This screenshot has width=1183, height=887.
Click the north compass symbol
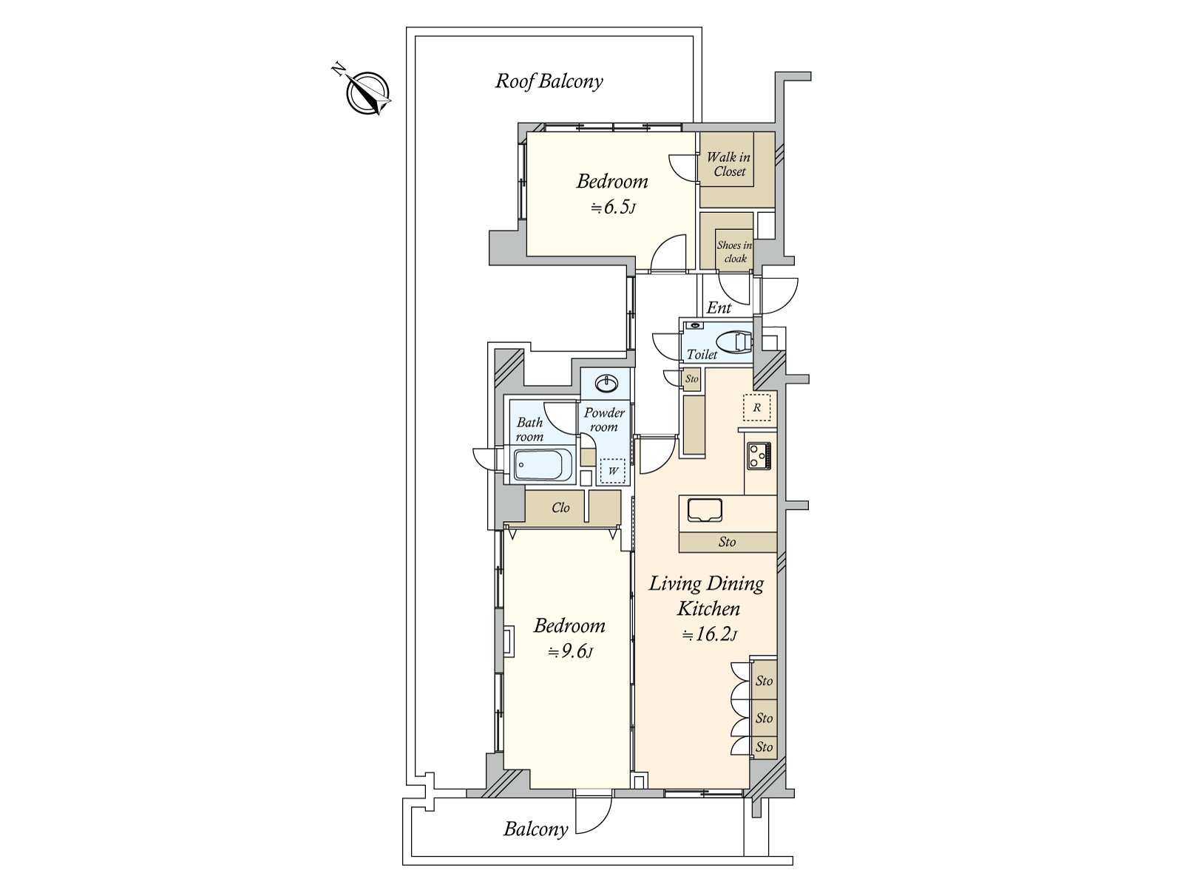pyautogui.click(x=367, y=92)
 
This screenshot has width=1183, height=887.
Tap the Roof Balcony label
pyautogui.click(x=549, y=81)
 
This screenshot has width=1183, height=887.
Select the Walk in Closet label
pyautogui.click(x=729, y=164)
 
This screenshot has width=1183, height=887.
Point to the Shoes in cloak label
pyautogui.click(x=734, y=251)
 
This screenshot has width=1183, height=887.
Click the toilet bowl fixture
pyautogui.click(x=734, y=342)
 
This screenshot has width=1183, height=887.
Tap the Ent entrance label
pyautogui.click(x=719, y=307)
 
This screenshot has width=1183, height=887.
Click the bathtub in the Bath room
pyautogui.click(x=543, y=464)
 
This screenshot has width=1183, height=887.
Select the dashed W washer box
pyautogui.click(x=613, y=471)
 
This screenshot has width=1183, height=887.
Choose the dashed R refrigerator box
pyautogui.click(x=756, y=407)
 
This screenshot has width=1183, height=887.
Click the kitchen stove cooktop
pyautogui.click(x=759, y=455)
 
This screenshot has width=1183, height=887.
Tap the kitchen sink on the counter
pyautogui.click(x=705, y=509)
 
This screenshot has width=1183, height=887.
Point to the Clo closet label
pyautogui.click(x=560, y=507)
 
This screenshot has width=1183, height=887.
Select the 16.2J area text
pyautogui.click(x=709, y=634)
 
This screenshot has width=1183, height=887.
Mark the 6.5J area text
pyautogui.click(x=614, y=207)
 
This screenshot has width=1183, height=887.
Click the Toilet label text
pyautogui.click(x=702, y=354)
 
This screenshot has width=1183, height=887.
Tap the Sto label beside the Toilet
pyautogui.click(x=691, y=378)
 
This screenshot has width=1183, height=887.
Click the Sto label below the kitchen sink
pyautogui.click(x=727, y=542)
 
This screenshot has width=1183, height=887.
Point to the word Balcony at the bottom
pyautogui.click(x=536, y=829)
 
